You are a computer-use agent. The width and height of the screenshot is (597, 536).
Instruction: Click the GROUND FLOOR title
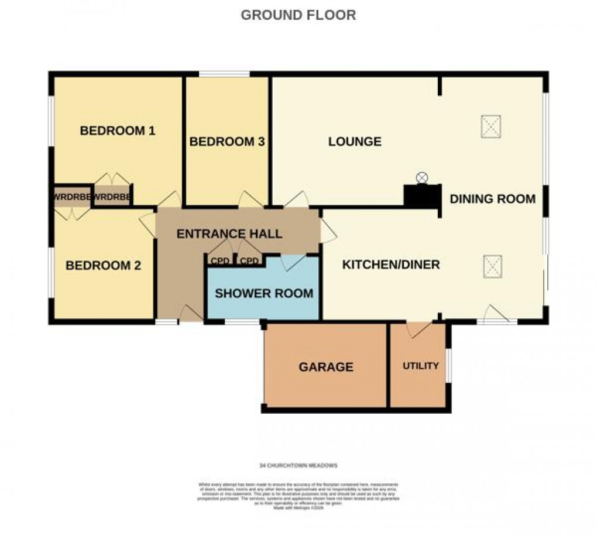(298, 15)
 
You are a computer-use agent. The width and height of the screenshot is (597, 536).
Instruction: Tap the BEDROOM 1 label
(117, 130)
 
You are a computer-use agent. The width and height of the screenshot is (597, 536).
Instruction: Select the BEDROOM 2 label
(103, 266)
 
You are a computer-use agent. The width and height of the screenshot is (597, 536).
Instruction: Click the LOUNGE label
(355, 142)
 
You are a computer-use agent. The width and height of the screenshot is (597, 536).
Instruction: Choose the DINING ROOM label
(492, 199)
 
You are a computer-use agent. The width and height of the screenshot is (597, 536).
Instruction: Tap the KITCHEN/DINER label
(390, 265)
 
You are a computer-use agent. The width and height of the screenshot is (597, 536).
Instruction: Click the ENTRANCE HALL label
(229, 234)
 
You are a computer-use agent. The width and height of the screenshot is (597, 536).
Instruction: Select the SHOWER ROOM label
(264, 293)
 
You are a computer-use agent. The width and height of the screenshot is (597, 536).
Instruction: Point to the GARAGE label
(326, 367)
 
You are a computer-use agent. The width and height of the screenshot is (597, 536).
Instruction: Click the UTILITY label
(420, 366)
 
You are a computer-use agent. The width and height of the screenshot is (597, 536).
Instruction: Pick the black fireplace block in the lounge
(422, 196)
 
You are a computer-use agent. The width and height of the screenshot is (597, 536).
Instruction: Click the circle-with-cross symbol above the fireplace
(422, 177)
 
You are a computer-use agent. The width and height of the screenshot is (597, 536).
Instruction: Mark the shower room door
(293, 262)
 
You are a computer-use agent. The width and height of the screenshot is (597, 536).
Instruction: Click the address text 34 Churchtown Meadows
(298, 466)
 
